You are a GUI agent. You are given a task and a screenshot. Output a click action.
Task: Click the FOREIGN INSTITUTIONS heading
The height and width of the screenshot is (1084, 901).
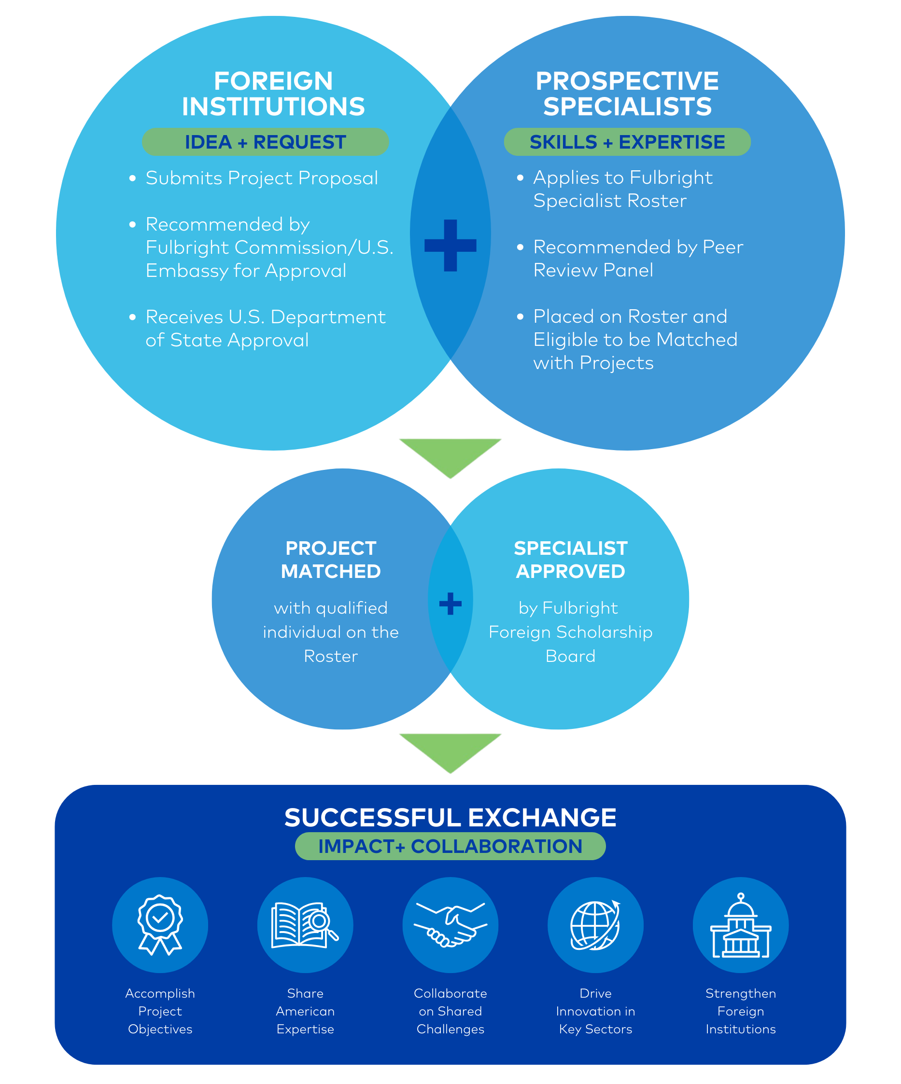[273, 94]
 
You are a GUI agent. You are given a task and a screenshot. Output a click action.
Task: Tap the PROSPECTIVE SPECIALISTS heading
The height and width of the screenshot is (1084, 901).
[627, 94]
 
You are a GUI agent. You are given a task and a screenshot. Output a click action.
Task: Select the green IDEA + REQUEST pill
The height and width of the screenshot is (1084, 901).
[265, 142]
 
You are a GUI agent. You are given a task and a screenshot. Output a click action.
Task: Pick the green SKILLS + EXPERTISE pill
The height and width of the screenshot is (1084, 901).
[627, 142]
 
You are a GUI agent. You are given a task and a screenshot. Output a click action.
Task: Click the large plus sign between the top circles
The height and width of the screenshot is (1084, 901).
[450, 246]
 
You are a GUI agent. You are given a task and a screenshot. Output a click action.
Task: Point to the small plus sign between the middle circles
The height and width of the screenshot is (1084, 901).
[450, 604]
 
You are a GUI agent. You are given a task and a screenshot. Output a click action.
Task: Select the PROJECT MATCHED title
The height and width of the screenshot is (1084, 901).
[331, 560]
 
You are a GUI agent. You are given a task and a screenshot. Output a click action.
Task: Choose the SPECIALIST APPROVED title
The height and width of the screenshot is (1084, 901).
[570, 560]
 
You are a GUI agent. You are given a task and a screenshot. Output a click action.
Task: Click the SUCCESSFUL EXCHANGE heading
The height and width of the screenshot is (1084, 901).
[450, 818]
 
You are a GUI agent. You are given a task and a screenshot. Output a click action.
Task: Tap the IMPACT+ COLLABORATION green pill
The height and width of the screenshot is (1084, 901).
[450, 847]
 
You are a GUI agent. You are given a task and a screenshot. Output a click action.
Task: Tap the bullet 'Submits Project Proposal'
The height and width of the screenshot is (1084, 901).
[261, 178]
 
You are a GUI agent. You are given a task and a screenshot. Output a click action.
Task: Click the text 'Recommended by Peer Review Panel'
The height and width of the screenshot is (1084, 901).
[637, 259]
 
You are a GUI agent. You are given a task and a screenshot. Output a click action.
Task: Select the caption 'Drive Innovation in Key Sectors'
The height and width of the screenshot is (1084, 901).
[595, 1011]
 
